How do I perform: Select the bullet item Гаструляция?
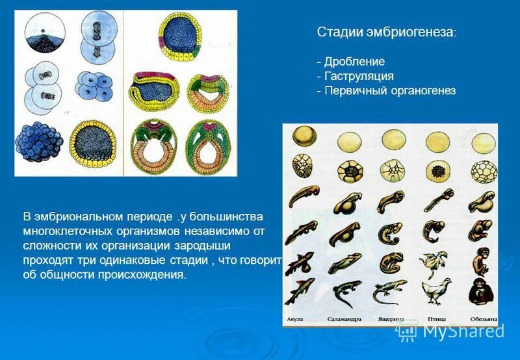358,77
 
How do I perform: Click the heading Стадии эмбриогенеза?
386,32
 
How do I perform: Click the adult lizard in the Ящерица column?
390,292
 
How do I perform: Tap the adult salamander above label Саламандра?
343,292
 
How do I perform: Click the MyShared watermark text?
463,330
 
